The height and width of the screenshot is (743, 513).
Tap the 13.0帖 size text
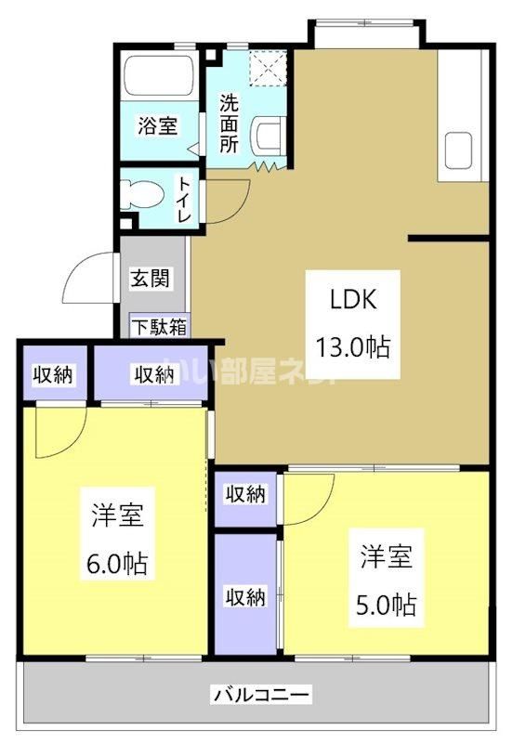pyautogui.click(x=353, y=348)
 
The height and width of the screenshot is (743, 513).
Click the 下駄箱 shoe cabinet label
pyautogui.click(x=158, y=326)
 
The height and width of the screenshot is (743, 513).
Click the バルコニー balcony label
pyautogui.click(x=261, y=693)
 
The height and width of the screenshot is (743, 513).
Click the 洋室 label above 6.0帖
pyautogui.click(x=117, y=516)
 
